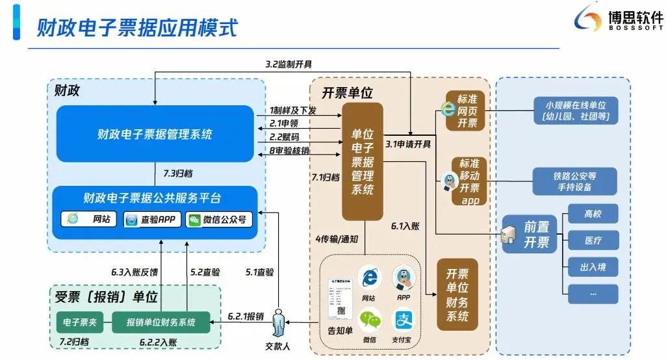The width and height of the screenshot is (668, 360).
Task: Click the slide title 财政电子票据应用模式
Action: (137, 28)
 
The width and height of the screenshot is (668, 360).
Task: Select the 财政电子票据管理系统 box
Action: (155, 135)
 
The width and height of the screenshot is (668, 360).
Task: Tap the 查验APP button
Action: (153, 220)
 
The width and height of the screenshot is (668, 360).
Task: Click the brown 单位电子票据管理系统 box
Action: (363, 161)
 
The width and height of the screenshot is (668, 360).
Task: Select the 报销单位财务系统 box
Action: (161, 322)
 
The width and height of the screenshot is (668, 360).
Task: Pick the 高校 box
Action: (592, 213)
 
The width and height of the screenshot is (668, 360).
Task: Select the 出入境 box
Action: (592, 266)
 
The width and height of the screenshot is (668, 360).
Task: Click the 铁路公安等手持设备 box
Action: (574, 181)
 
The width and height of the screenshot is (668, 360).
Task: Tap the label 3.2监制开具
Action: (289, 64)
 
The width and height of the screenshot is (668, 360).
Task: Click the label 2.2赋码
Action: (285, 137)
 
